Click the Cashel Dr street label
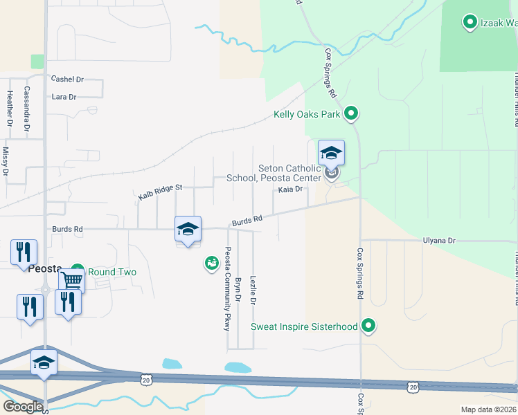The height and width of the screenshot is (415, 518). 67,80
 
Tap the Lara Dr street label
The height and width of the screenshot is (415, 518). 64,97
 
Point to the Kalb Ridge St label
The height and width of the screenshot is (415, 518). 159,192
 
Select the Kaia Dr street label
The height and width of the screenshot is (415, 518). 291,190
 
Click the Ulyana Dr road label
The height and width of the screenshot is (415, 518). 440,241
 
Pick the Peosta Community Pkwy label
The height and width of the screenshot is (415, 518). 226,288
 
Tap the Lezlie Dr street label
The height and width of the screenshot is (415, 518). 253,290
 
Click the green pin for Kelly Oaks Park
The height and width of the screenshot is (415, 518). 351,113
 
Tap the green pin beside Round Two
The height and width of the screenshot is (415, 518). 77,271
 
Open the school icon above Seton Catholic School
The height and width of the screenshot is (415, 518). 331,153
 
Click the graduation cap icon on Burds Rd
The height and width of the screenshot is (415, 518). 188,229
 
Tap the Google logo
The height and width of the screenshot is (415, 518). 23,407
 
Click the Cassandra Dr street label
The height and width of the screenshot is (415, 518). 27,109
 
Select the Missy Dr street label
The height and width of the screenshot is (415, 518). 6,160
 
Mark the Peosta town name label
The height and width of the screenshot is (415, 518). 46,268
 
